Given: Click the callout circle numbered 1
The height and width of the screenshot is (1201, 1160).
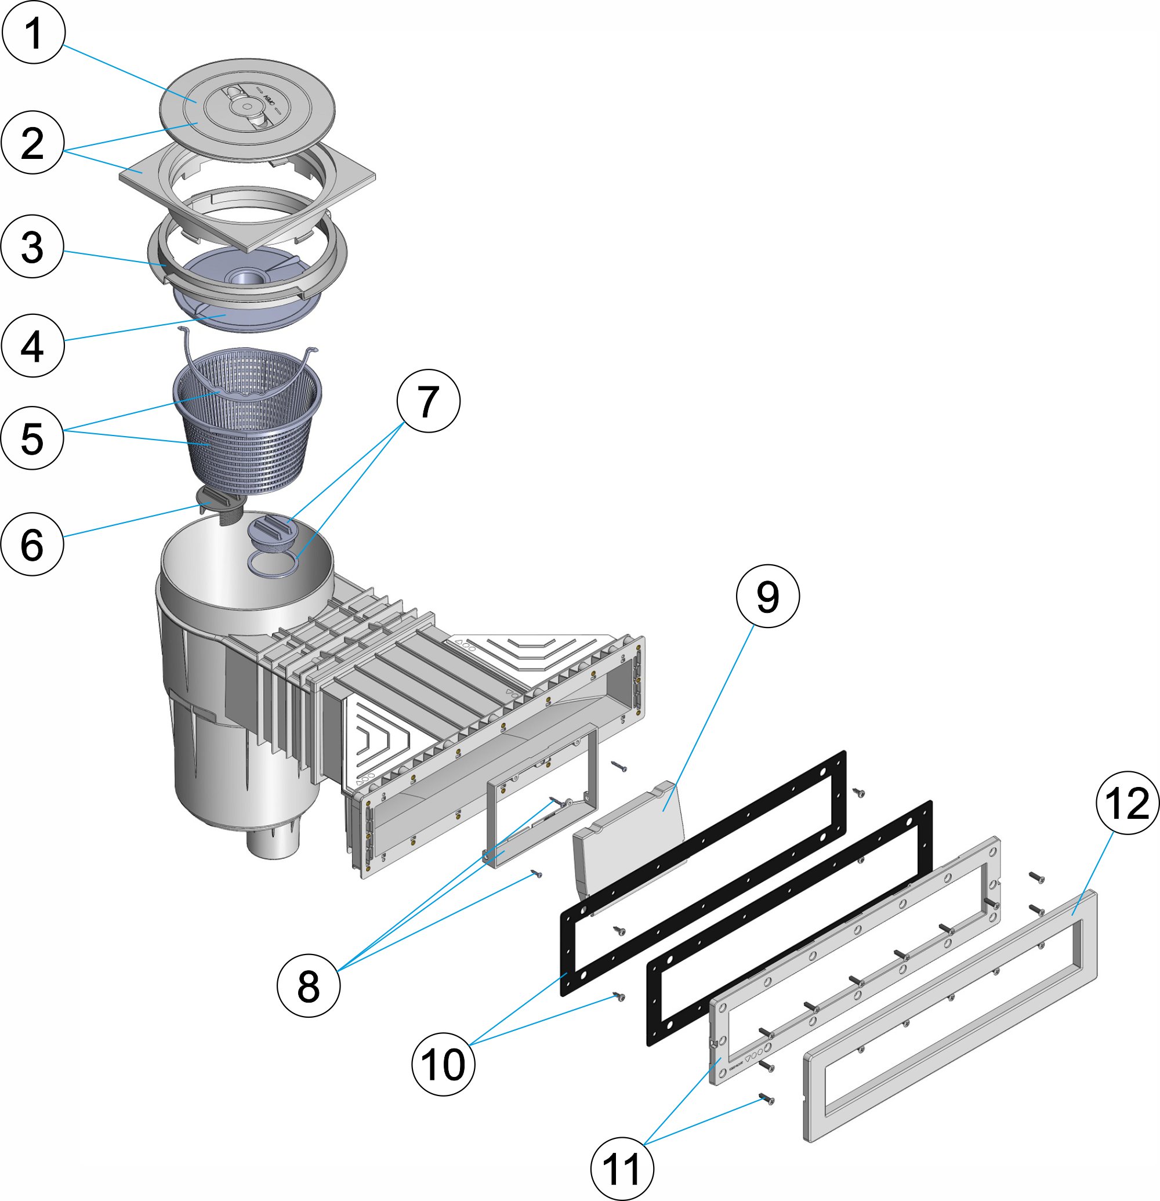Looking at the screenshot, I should [33, 32].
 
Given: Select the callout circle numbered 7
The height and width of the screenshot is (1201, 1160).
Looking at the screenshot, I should [429, 401].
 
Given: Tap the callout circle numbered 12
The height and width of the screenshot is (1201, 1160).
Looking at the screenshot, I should [1127, 803].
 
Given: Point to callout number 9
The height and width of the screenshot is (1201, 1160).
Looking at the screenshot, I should [767, 596].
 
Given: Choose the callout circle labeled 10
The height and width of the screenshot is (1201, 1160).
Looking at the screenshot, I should [443, 1064].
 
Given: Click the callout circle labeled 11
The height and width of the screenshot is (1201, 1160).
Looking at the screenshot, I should [622, 1169].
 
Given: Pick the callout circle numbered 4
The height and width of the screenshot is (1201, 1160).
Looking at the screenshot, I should [32, 346].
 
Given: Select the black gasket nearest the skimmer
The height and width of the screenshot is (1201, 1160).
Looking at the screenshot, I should [705, 870].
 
